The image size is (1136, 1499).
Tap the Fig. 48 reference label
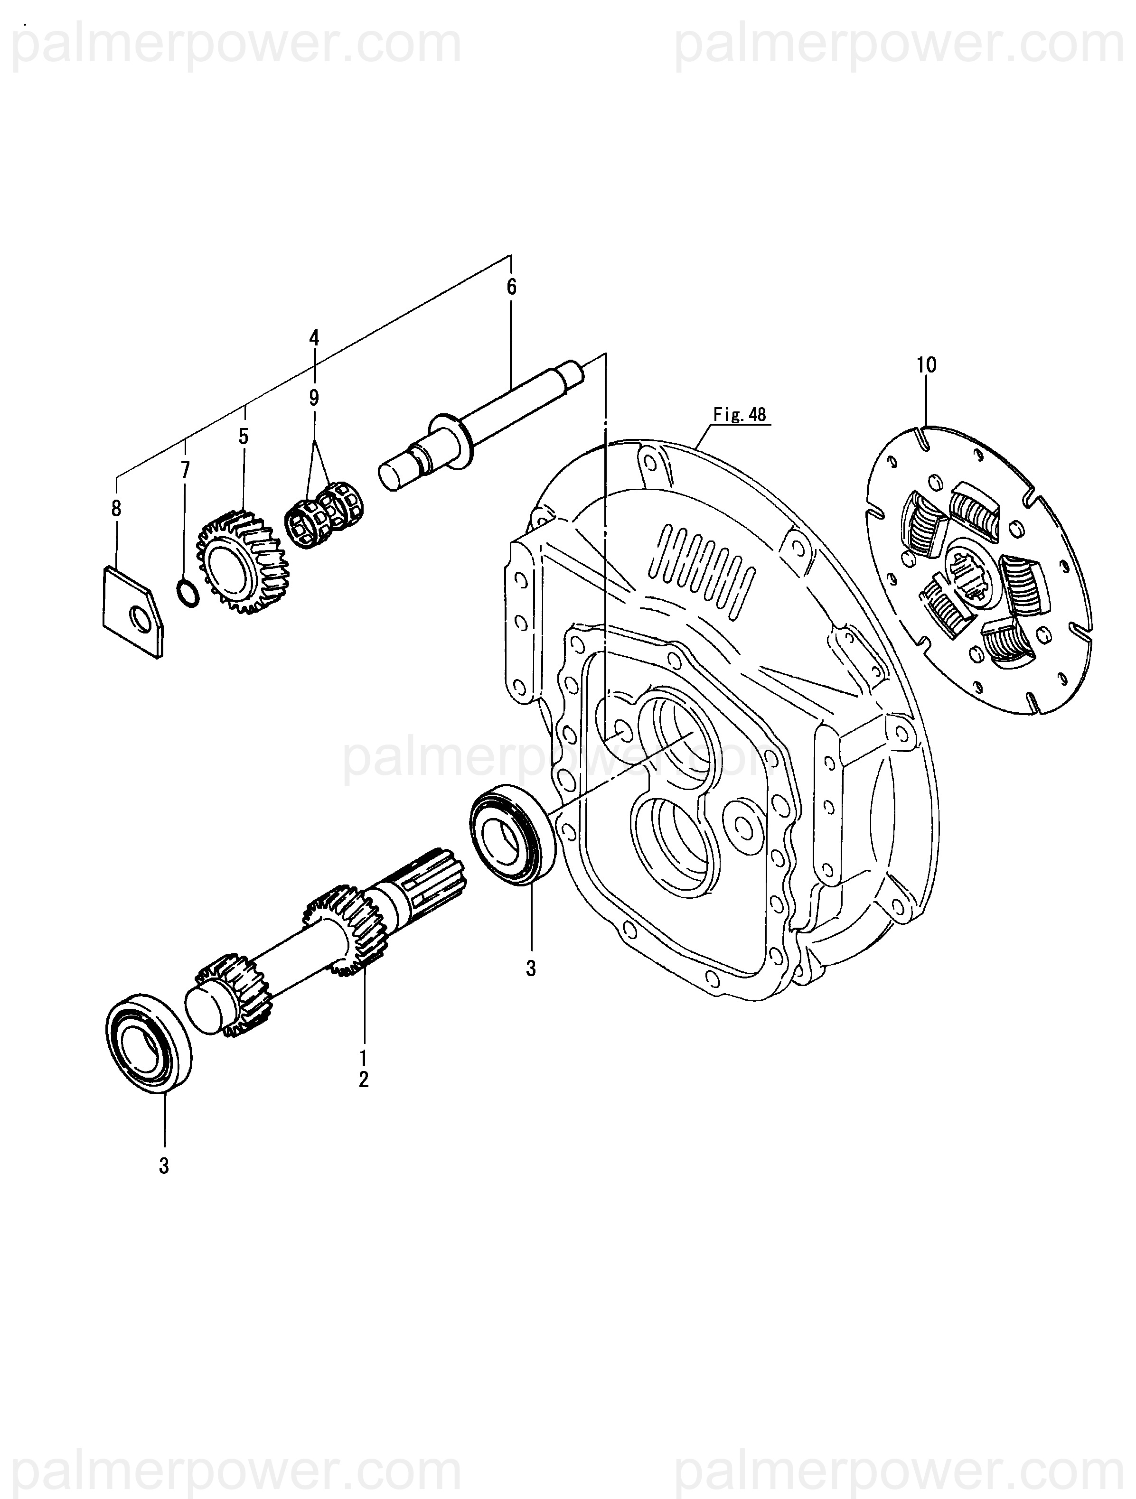coord(740,414)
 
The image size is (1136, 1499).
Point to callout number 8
coord(117,508)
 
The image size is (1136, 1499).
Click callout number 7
coord(185,470)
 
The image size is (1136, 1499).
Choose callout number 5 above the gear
coord(244,437)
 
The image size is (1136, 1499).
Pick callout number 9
coord(314,398)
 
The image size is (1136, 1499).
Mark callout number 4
coord(314,337)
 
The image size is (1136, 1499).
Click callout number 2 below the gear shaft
coord(364,1080)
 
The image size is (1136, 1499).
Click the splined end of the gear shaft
coord(434,878)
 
